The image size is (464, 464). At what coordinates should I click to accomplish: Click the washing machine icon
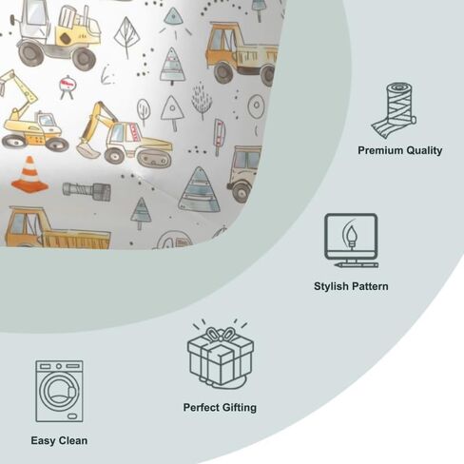click(x=59, y=391)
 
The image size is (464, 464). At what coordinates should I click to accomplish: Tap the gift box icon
click(x=221, y=355)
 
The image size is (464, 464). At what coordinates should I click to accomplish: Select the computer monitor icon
click(x=351, y=241)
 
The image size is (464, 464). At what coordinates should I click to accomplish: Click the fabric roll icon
click(x=394, y=110)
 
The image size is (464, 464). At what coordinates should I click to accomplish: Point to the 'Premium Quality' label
click(x=400, y=150)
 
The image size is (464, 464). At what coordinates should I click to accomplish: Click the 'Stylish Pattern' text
click(x=351, y=286)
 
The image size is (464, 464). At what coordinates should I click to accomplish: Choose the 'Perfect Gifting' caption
click(x=220, y=408)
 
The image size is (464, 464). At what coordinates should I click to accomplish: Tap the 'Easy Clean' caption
click(x=59, y=440)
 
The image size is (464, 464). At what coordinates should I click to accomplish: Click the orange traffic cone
click(x=29, y=174)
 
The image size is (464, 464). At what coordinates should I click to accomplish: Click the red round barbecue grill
click(x=68, y=87)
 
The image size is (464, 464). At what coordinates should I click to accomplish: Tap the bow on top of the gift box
click(x=221, y=334)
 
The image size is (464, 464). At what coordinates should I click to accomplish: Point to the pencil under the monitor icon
click(x=357, y=264)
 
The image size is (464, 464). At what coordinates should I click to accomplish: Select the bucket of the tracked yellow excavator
click(x=87, y=151)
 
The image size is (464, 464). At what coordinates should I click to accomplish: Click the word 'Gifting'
click(x=239, y=408)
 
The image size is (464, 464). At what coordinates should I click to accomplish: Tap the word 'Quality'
click(x=424, y=150)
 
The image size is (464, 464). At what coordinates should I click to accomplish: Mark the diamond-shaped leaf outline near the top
click(x=126, y=37)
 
